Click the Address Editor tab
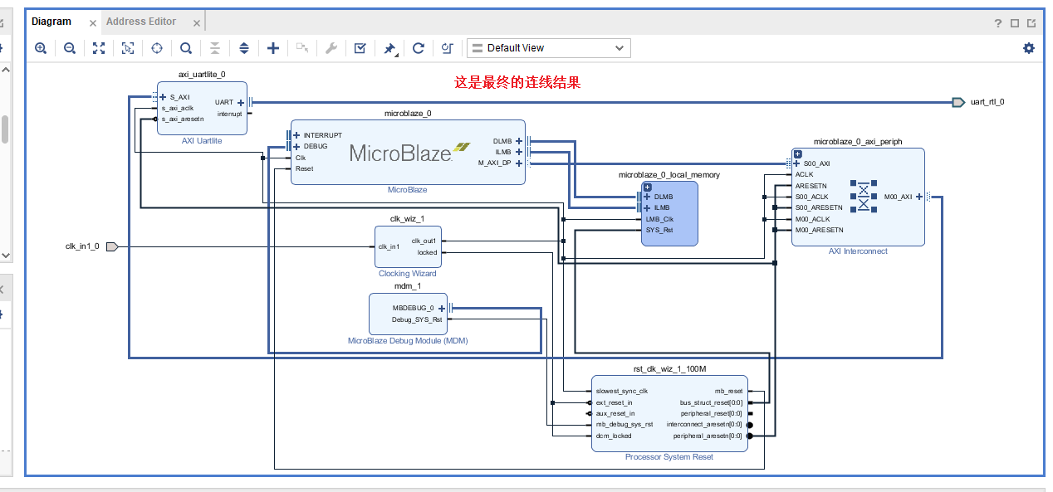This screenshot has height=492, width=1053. [141, 22]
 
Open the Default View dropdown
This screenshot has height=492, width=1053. [548, 48]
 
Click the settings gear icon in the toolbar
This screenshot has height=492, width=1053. [1029, 48]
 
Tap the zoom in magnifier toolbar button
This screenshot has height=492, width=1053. [41, 48]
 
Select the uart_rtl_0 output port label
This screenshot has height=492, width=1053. [987, 102]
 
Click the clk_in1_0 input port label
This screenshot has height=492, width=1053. [82, 246]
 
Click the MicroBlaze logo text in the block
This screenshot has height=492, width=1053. [400, 153]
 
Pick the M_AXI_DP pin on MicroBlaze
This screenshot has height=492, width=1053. [495, 163]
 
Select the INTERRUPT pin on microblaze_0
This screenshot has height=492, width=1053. [322, 135]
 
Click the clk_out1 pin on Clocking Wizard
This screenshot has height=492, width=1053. [424, 241]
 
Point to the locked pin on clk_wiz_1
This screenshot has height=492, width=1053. [427, 252]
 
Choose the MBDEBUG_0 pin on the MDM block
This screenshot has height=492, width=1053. [414, 308]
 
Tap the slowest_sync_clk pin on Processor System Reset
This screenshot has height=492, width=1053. [622, 391]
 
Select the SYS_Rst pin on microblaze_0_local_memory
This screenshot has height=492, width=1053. [659, 230]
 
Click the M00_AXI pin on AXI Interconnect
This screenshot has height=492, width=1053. [898, 197]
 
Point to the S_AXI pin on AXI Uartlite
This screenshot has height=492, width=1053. [179, 97]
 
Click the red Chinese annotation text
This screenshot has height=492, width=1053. [517, 82]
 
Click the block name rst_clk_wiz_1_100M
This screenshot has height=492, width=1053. [669, 369]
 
